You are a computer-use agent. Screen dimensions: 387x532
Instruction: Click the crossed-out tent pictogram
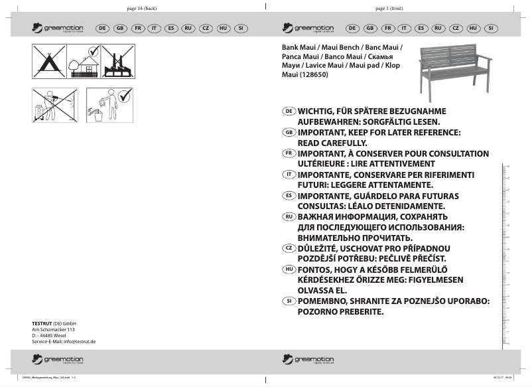click(x=49, y=60)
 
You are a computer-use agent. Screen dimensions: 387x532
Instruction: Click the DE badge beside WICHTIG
click(x=289, y=111)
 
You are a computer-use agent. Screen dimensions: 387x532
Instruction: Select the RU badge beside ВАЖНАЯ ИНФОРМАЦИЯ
click(x=289, y=216)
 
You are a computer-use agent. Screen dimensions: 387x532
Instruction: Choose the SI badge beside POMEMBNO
click(x=289, y=301)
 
